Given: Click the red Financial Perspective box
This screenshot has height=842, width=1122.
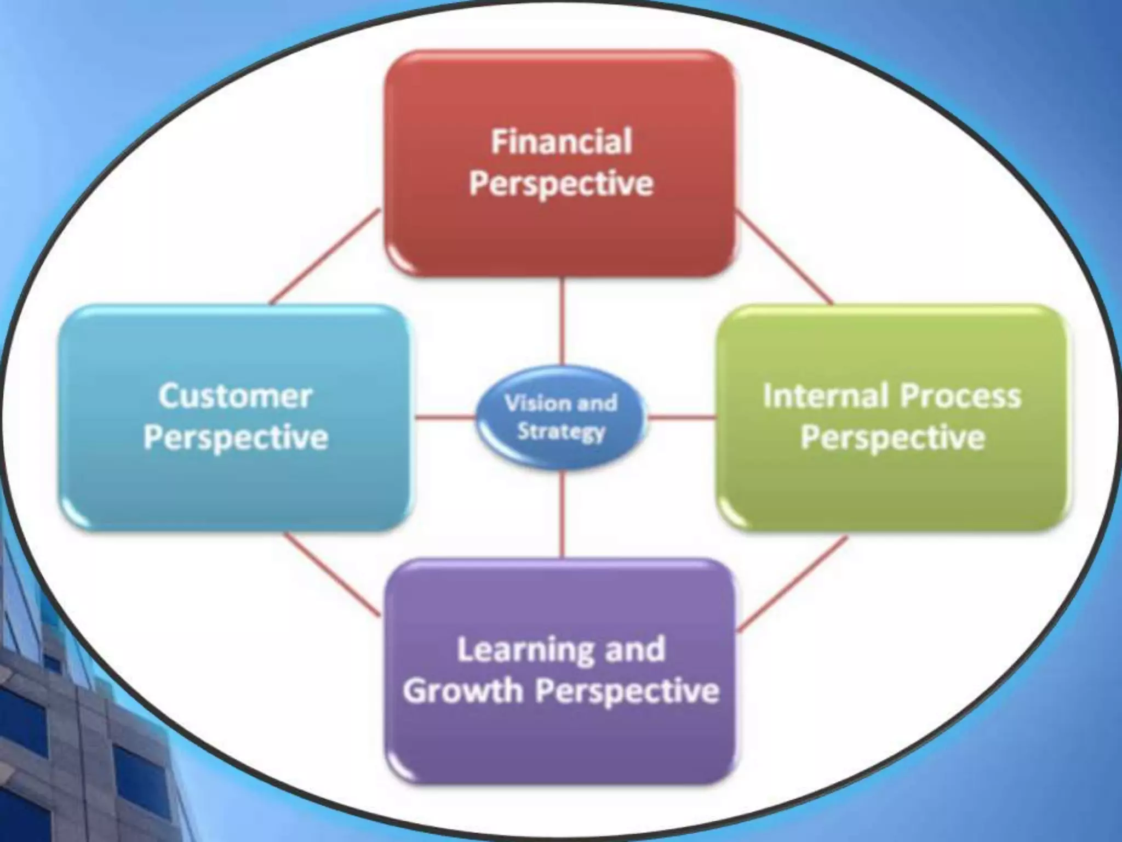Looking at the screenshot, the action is click(560, 230).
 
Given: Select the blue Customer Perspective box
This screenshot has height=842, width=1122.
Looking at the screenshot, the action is click(236, 482).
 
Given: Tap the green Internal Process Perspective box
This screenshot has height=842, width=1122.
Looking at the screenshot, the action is click(893, 488).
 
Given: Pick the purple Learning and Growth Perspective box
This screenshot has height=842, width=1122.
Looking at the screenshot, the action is click(560, 746).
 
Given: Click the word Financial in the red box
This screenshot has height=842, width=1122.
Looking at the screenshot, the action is click(561, 141).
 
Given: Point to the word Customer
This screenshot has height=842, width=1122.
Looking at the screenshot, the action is click(236, 396).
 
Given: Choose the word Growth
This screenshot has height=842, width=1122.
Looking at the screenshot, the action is click(463, 691).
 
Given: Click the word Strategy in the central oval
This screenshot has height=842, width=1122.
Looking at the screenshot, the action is click(561, 433).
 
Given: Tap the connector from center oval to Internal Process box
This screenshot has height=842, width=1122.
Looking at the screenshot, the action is click(682, 418).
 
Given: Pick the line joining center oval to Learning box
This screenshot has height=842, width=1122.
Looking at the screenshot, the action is click(562, 515).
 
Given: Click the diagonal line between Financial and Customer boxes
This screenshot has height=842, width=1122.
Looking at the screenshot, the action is click(324, 257).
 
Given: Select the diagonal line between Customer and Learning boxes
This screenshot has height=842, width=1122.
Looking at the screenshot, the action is click(331, 576).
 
